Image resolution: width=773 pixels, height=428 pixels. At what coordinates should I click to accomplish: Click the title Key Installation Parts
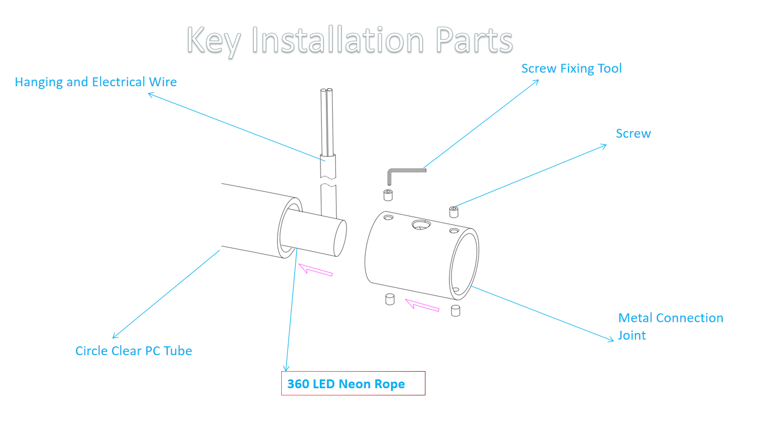pyautogui.click(x=350, y=40)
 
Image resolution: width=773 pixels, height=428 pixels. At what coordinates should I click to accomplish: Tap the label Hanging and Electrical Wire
pyautogui.click(x=96, y=82)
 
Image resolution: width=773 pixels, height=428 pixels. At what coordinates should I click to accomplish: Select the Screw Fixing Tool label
pyautogui.click(x=571, y=68)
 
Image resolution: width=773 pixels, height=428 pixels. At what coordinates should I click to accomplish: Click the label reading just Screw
pyautogui.click(x=633, y=134)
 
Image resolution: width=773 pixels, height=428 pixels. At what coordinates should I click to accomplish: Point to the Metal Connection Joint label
pyautogui.click(x=670, y=326)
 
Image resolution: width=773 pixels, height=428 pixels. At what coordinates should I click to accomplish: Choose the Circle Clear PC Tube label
pyautogui.click(x=134, y=351)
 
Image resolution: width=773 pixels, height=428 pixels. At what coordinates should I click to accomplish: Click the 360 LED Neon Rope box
pyautogui.click(x=353, y=383)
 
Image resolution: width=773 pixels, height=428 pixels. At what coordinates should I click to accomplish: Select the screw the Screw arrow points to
pyautogui.click(x=454, y=212)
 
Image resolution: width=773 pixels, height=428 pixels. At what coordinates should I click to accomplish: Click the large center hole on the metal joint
pyautogui.click(x=421, y=224)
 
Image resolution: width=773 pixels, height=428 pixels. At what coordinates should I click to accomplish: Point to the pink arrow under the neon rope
pyautogui.click(x=315, y=270)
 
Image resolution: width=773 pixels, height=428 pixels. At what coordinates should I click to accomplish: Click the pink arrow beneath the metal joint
pyautogui.click(x=422, y=305)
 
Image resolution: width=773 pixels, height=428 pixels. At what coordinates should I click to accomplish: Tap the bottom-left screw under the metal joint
pyautogui.click(x=388, y=299)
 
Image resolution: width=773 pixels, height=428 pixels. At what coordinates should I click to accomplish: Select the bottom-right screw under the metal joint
pyautogui.click(x=456, y=310)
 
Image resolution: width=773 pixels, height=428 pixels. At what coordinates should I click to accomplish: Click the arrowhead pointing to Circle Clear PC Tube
pyautogui.click(x=114, y=336)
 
